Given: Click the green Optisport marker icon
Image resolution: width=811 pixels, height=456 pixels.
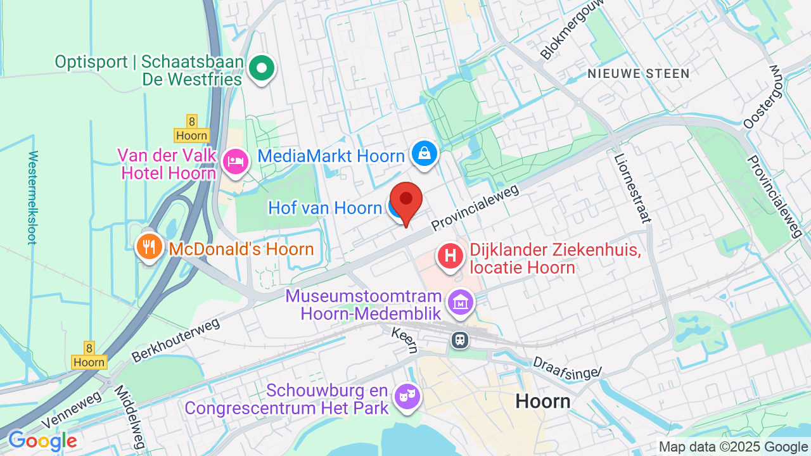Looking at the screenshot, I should coord(260,67).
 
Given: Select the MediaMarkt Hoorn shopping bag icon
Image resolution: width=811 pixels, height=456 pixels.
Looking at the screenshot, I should coord(424,153).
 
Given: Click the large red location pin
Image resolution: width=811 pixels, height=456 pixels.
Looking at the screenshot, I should coord(405,199).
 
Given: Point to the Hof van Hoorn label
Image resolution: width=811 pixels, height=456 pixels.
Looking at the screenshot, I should coord(324,208).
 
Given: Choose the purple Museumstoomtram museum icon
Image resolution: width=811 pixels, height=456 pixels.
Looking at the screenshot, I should coord(461,302).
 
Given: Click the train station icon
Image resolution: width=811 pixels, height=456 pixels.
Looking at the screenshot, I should coord(460,339).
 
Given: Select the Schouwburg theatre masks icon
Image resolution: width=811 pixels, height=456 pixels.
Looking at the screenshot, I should coord(406,396).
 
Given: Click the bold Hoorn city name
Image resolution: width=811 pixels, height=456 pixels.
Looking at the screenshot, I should coord(542,401).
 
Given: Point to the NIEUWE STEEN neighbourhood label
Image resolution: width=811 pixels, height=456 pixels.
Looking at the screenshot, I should coord(638,73).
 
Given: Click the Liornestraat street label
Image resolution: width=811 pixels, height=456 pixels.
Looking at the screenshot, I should coord(632,189).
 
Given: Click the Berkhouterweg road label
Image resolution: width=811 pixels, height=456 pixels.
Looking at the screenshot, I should coord(176,340).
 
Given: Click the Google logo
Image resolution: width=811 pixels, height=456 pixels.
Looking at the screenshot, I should coord(42,441).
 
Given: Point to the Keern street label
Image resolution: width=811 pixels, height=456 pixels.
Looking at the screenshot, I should coord(404,340).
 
